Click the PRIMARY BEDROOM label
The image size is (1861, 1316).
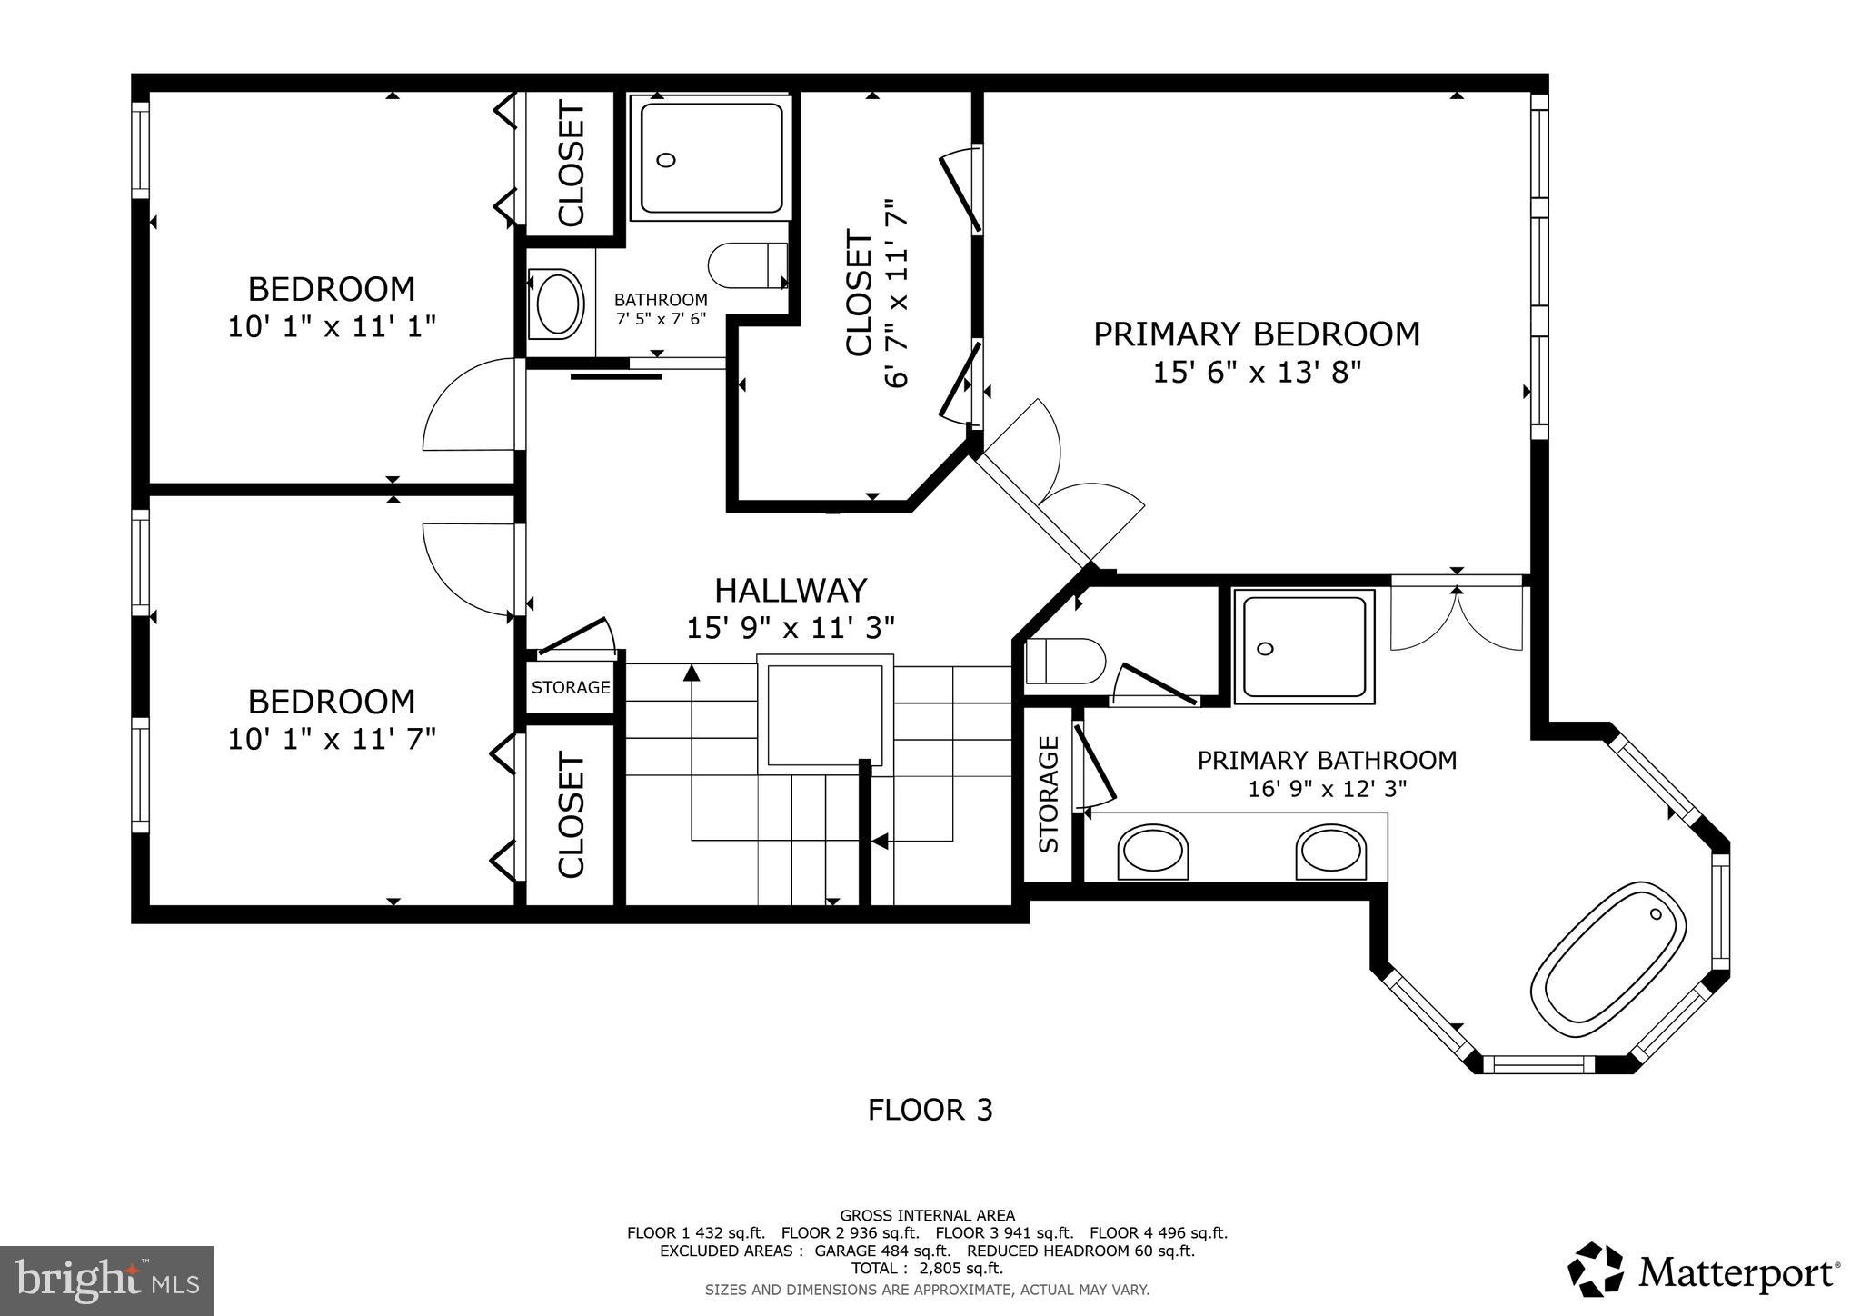coord(1256,334)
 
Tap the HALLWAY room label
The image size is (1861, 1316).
coord(791,591)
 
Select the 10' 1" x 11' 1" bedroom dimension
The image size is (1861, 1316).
coord(332,327)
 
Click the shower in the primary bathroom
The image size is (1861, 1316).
coord(1303,646)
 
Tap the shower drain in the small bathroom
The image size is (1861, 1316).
coord(665,161)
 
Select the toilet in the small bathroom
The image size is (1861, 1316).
coord(745,265)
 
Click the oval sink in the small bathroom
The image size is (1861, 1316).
coord(559,304)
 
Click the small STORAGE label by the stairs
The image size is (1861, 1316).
coord(571,688)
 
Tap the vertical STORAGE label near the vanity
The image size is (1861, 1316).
coord(1049,793)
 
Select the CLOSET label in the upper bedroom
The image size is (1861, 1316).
coord(572,164)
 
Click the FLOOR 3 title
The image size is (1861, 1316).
coord(930,1111)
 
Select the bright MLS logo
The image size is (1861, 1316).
coord(106,1281)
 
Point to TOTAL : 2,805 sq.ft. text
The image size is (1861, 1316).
coord(927,1269)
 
